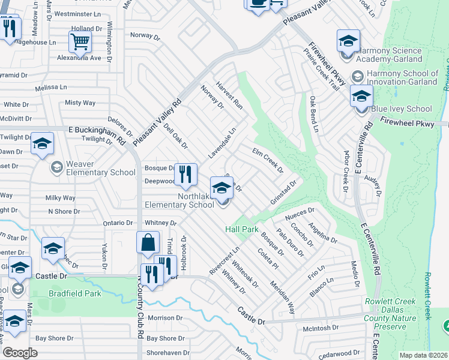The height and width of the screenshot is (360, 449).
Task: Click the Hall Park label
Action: point(242,229)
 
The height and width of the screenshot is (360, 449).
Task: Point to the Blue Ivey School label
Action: point(402,109)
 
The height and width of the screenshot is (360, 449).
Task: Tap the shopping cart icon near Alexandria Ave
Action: point(80,42)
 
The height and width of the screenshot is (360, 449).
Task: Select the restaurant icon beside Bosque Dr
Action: point(185,175)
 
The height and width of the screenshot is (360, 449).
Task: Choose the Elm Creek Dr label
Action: point(268,160)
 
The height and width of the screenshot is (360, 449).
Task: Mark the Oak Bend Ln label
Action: point(313,113)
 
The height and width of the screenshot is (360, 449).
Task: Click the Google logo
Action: point(20,352)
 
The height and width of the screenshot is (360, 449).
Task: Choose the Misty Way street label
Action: point(80,103)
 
